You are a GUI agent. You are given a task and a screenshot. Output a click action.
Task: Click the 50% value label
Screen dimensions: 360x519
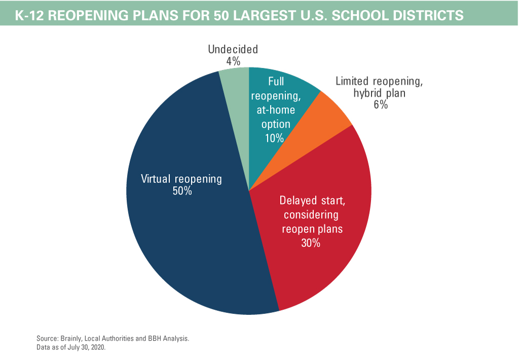tap(181, 192)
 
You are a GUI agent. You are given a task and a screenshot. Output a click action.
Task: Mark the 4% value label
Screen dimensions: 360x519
tap(233, 61)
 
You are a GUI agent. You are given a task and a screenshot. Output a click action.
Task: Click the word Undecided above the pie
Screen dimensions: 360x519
tap(233, 49)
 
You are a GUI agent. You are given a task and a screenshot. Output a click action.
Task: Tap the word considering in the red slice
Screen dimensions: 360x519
tap(312, 214)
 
